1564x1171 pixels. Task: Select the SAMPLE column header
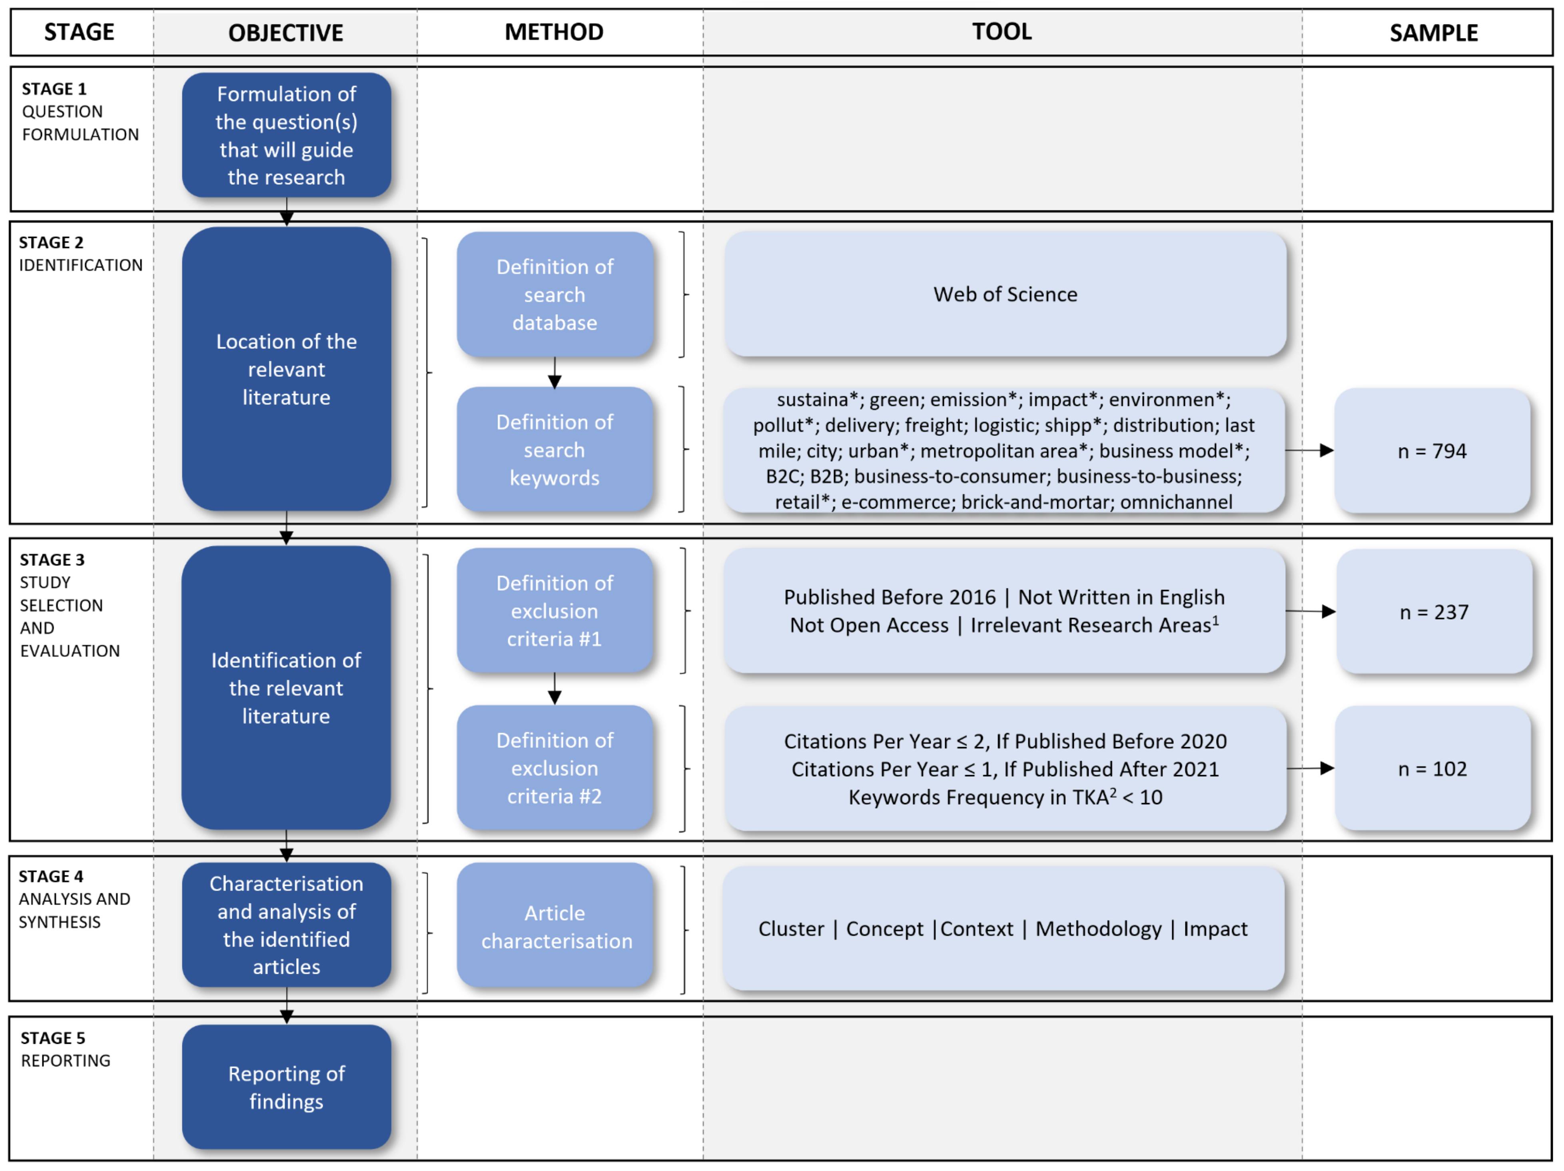point(1433,32)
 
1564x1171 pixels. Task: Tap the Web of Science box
point(1005,294)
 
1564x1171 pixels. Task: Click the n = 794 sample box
point(1432,451)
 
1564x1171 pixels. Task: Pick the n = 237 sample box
point(1434,611)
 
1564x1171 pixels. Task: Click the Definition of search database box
point(555,295)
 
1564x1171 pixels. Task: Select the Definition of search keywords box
point(555,450)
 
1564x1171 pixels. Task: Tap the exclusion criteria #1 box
point(555,611)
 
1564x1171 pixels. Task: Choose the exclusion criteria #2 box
point(555,768)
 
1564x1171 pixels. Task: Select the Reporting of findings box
point(286,1087)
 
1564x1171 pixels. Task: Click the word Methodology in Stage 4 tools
point(1098,929)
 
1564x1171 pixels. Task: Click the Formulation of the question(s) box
point(286,135)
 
